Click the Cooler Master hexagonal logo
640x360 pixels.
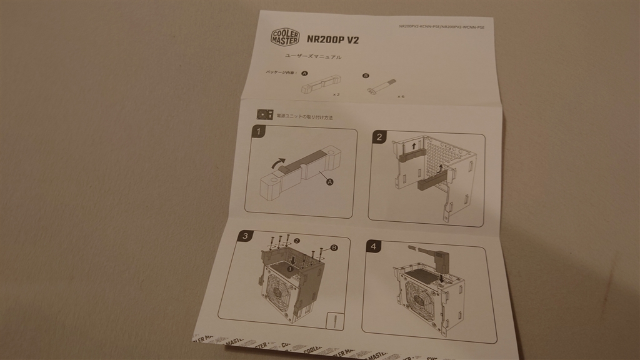click(285, 37)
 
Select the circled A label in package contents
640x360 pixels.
click(304, 73)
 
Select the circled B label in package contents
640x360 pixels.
click(366, 76)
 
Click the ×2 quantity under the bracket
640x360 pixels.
click(336, 94)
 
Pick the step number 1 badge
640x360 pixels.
click(257, 132)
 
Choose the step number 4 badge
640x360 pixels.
click(373, 246)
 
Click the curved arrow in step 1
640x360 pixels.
click(274, 164)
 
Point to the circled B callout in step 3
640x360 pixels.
click(334, 247)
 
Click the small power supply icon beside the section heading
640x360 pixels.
click(264, 114)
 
